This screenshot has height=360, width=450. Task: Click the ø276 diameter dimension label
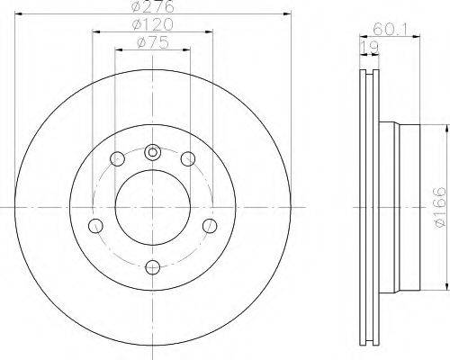tap(153, 6)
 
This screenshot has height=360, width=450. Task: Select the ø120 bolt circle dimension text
tap(153, 24)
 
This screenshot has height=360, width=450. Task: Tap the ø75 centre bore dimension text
tap(153, 42)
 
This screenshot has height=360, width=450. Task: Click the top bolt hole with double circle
tap(153, 153)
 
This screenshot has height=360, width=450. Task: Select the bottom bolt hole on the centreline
tap(153, 267)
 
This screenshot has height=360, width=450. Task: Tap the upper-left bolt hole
tap(117, 158)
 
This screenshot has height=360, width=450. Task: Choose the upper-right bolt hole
tap(188, 158)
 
